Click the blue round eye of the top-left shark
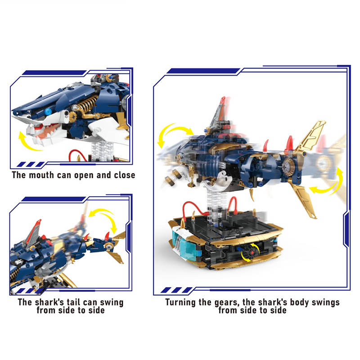[x=48, y=112]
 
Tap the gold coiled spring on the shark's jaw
[x=87, y=103]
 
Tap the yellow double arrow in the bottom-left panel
[x=106, y=218]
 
